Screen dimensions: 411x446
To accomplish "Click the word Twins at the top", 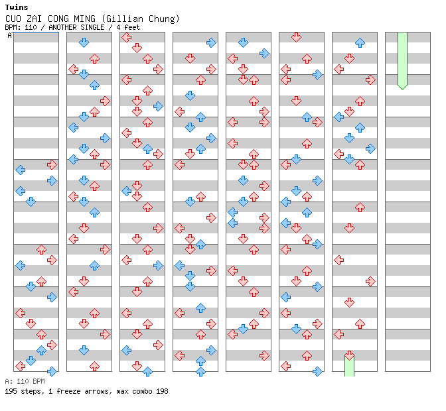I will pos(16,7).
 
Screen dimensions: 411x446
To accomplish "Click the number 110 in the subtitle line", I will pos(31,27).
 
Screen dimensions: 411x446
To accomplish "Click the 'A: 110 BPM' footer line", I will pos(25,381).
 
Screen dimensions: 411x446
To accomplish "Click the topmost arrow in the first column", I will pos(52,164).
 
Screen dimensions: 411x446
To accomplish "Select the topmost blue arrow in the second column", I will pos(84,42).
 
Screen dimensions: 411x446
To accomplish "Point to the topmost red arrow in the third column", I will pos(126,37).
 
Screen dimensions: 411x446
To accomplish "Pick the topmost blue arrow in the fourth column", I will pos(211,42).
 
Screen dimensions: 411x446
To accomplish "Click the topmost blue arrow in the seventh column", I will pos(360,42).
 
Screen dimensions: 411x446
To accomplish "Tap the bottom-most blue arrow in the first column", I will pos(52,371).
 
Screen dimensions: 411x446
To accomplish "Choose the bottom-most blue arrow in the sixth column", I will pos(317,371).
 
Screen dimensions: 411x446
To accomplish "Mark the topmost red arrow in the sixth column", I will pos(296,37).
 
